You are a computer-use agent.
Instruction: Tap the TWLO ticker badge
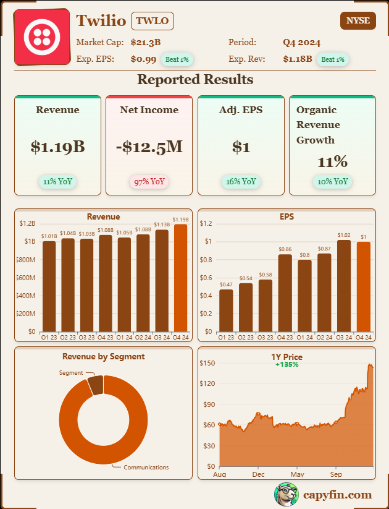pos(153,20)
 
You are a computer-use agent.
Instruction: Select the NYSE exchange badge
pos(358,20)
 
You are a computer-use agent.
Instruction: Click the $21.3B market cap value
pos(146,43)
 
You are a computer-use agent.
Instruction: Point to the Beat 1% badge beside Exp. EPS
pos(177,59)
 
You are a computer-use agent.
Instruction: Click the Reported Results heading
pos(194,79)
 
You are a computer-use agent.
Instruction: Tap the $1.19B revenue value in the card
pos(57,147)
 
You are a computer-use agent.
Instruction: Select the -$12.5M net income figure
pos(149,147)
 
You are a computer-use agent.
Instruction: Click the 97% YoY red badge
pos(149,182)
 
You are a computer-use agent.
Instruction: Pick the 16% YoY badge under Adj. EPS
pos(241,182)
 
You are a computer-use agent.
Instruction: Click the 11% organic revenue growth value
pos(332,162)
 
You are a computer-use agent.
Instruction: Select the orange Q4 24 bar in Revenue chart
pos(181,278)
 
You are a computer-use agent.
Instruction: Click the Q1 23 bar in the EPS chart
pos(227,310)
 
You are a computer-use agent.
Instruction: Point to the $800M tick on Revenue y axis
pos(25,260)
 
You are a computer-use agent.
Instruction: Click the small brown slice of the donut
pos(95,385)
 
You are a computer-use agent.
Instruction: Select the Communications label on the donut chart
pos(146,468)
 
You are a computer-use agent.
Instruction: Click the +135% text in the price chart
pos(287,364)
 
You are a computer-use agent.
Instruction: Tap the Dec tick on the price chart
pos(258,474)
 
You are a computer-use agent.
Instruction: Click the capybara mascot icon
pos(286,494)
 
